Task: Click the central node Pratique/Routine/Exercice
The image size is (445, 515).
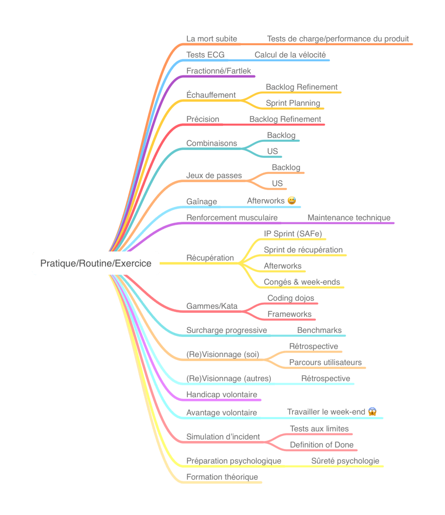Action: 96,263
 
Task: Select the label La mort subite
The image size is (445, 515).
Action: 211,39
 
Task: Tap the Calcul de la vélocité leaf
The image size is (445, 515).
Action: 290,55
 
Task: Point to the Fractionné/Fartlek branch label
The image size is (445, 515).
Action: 218,71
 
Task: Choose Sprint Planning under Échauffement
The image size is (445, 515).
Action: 293,103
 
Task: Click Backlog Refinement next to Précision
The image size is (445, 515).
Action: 285,119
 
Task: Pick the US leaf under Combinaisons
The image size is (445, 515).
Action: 272,151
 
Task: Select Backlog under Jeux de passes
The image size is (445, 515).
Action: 286,167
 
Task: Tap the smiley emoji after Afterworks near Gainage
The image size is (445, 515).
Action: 292,201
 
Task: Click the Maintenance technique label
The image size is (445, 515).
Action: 349,218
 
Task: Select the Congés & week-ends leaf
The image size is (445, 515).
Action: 302,282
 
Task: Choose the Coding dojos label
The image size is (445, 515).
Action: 290,298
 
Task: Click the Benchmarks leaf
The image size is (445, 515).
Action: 319,330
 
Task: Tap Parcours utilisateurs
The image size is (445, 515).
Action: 325,363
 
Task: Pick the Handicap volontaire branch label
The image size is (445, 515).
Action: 221,395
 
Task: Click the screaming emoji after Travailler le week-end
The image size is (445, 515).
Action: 372,411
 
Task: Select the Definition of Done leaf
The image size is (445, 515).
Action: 321,445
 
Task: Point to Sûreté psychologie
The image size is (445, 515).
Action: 345,461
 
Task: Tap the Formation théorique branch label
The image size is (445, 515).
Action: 222,477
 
